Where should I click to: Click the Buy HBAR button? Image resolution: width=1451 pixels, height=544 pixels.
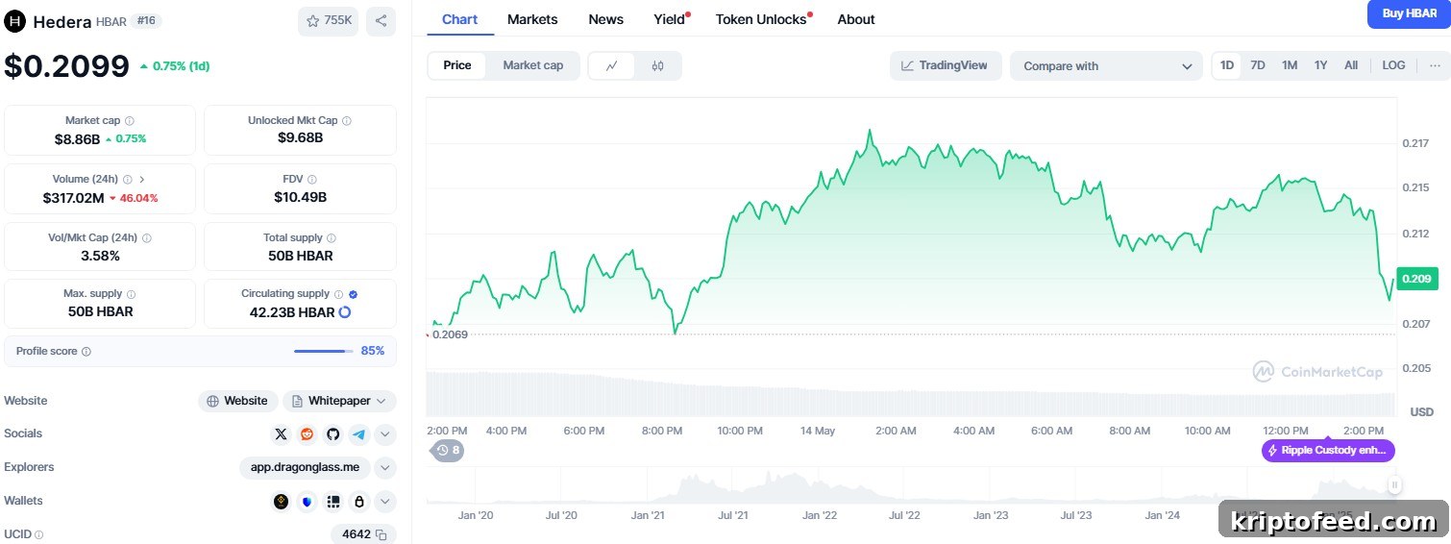point(1409,13)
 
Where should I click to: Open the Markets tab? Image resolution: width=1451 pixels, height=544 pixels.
point(531,19)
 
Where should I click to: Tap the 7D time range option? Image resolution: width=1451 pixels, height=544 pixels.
point(1257,65)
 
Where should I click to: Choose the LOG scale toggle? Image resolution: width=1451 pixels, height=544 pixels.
point(1393,65)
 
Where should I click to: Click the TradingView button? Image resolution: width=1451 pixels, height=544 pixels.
point(946,65)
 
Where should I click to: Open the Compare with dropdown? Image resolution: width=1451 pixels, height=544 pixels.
point(1106,66)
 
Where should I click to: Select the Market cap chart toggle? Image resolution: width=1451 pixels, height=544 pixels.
point(532,65)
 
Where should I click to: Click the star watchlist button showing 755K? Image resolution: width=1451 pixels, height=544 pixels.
point(329,21)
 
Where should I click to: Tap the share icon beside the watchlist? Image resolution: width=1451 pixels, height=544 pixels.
point(381,21)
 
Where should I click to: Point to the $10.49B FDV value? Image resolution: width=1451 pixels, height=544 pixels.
point(300,197)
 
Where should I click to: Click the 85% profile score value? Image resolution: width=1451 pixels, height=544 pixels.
point(373,351)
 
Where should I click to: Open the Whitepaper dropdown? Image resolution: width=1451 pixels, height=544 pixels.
point(339,401)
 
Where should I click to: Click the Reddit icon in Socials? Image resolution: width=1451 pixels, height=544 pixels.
point(307,433)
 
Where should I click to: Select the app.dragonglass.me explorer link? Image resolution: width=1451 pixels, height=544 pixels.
point(306,467)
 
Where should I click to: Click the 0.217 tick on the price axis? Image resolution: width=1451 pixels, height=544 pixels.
point(1415,143)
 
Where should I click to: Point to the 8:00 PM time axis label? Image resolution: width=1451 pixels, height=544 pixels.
point(661,431)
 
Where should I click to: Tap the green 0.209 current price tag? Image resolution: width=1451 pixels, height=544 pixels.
point(1417,279)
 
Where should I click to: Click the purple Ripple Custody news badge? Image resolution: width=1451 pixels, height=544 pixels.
point(1328,450)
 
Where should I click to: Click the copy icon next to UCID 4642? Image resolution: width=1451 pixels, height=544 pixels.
point(381,535)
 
